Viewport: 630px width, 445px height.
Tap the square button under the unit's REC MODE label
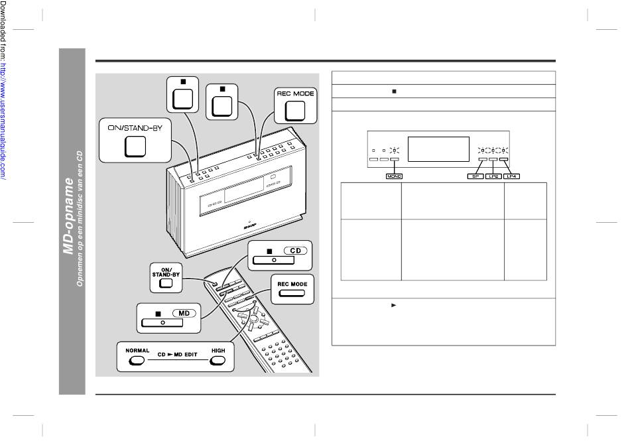[295, 113]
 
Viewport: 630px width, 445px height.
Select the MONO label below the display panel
[395, 177]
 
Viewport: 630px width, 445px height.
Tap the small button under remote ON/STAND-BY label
[166, 285]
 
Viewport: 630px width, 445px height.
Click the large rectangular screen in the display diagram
[436, 149]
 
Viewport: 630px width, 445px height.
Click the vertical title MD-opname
[68, 216]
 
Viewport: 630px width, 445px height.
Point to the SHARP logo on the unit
[249, 225]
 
